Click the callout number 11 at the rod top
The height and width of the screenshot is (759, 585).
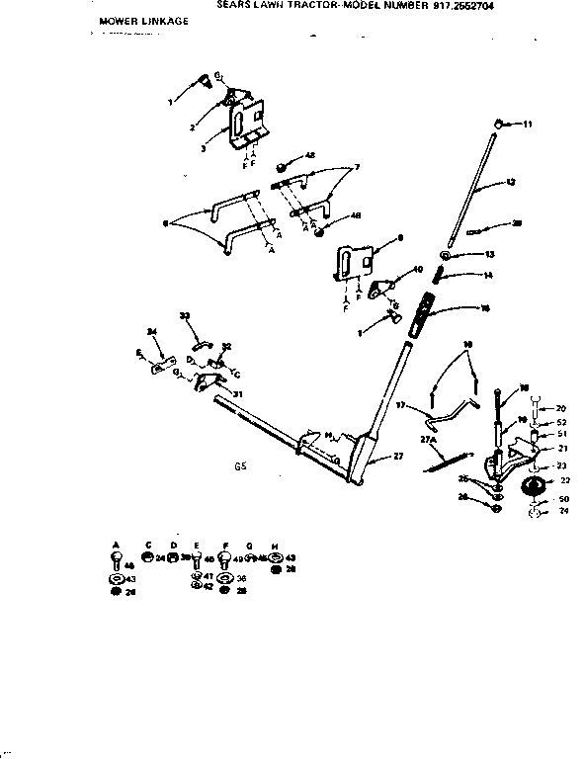coord(528,124)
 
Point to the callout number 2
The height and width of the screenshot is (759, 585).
coord(192,127)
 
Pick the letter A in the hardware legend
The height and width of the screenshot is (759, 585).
coord(117,544)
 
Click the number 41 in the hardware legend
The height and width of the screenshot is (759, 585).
coord(209,575)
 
